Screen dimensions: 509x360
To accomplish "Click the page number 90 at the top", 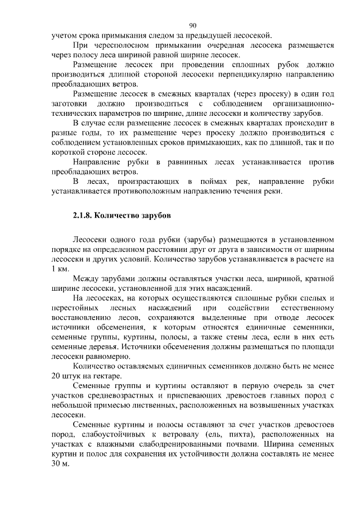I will [193, 25].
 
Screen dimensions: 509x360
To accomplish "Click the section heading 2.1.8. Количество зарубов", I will [120, 215].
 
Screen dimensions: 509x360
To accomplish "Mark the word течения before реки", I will [248, 191].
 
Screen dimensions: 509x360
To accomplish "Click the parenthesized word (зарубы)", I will [200, 240].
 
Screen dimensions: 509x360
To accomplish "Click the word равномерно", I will [106, 357].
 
